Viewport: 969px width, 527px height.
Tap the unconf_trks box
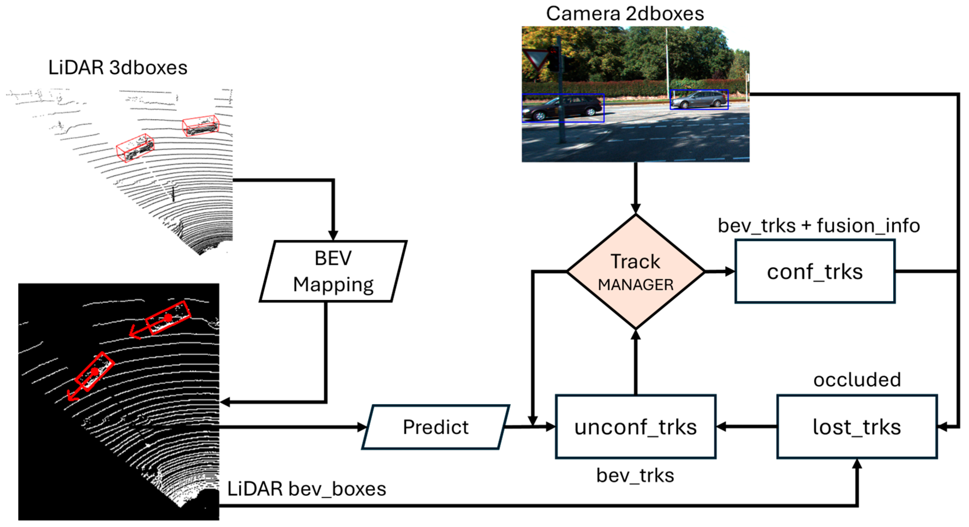coord(635,427)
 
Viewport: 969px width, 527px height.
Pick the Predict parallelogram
coord(436,427)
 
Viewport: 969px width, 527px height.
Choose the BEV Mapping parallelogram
coord(333,271)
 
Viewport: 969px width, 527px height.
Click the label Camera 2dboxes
coord(625,14)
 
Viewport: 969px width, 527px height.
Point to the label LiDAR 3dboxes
coord(118,68)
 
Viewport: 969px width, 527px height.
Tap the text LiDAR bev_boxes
coord(306,489)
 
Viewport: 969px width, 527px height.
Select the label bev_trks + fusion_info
coord(818,226)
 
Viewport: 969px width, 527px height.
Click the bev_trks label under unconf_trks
coord(635,475)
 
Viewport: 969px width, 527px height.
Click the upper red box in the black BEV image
coord(168,317)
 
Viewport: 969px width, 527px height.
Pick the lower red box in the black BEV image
coord(94,372)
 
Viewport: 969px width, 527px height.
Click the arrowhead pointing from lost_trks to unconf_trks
coord(721,427)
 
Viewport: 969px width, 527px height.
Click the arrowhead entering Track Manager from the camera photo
coord(635,209)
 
